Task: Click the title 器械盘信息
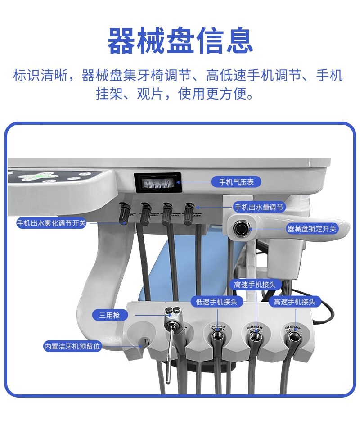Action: coord(180,41)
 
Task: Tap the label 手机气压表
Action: coord(236,182)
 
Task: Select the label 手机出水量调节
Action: coord(259,207)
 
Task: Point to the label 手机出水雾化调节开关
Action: coord(51,223)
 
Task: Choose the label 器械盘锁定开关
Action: coord(312,229)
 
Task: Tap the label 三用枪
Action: coord(109,315)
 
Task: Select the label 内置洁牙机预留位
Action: coord(72,346)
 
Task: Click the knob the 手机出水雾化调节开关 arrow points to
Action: coord(124,213)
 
